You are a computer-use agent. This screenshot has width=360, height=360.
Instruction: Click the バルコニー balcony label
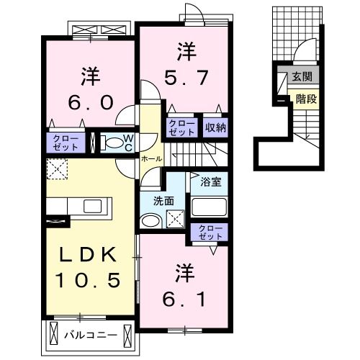click(90, 335)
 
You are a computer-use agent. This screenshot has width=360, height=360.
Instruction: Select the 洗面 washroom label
click(163, 201)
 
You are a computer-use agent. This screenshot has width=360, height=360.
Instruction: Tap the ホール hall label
click(151, 158)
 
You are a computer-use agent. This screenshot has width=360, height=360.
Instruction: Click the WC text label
click(127, 143)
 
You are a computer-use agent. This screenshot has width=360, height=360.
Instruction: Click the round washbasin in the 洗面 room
click(149, 220)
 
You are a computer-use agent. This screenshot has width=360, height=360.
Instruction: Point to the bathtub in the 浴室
click(211, 207)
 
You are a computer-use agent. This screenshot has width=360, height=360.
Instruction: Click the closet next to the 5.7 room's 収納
click(182, 127)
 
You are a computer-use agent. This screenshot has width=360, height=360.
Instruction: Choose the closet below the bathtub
click(211, 232)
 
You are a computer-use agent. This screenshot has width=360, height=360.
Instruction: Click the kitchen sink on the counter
click(92, 206)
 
